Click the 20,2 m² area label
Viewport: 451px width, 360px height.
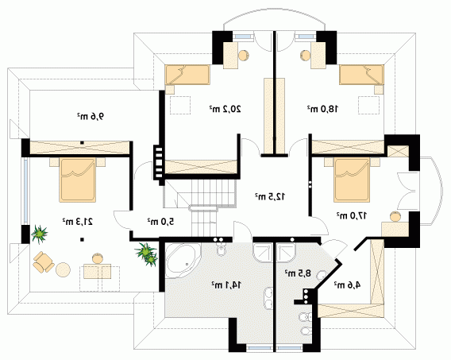225,109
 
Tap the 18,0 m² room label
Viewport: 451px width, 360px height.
322,109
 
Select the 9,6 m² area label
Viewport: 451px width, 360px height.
90,116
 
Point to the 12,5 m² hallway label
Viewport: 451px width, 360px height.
270,196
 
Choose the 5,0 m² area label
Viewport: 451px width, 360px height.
160,222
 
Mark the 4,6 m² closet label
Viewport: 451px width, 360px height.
347,285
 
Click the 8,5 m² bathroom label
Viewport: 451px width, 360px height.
298,273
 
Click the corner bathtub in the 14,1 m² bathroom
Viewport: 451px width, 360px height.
183,261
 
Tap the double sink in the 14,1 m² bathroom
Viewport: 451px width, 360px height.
268,299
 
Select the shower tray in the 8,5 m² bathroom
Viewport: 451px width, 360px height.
287,253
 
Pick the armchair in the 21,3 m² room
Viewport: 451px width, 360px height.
43,261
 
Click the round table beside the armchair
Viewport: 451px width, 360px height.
63,269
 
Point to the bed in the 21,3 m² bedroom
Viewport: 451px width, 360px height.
77,180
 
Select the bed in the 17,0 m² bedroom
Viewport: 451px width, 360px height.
352,180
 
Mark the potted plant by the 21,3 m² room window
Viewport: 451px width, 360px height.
39,234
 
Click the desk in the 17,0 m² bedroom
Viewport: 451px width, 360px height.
395,230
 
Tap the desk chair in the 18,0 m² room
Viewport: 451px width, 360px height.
305,55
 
